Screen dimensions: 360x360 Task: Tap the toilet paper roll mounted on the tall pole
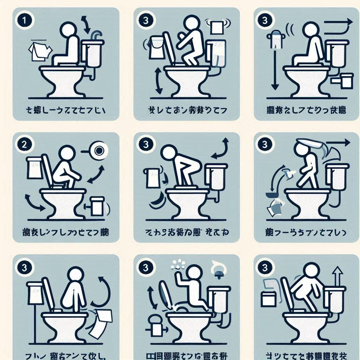[277, 40]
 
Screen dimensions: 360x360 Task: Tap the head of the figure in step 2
[66, 154]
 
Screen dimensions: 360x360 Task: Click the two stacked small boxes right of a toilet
[342, 80]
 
